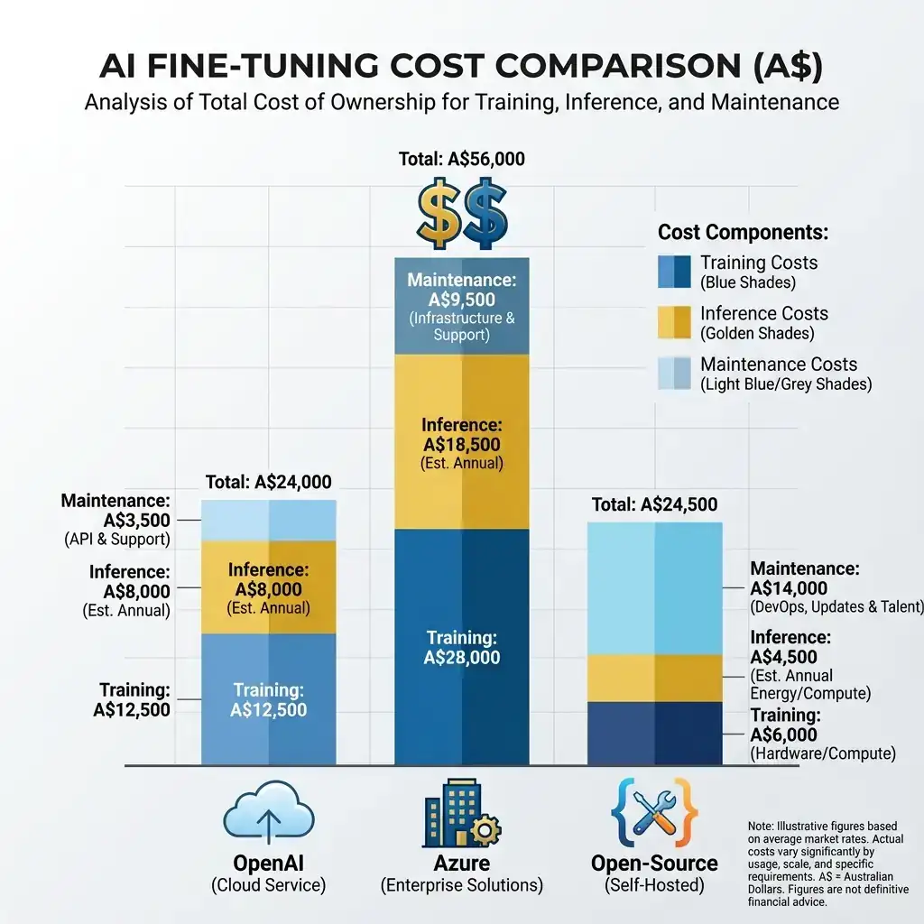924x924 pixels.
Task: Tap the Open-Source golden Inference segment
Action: [654, 678]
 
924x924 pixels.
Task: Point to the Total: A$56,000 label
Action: [461, 160]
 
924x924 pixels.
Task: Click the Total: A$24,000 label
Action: [268, 482]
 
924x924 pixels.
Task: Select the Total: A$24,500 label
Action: [654, 505]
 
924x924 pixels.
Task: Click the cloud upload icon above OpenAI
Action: [268, 815]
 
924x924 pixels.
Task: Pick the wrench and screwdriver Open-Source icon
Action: [654, 815]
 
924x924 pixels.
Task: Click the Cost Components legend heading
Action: [743, 232]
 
